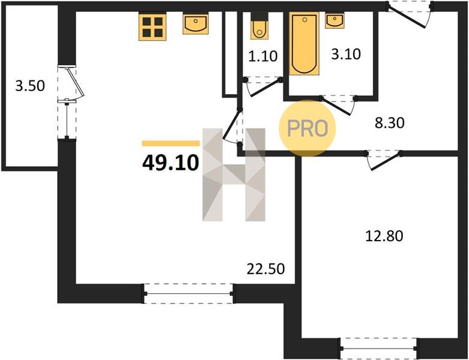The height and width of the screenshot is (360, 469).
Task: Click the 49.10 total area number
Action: [x=171, y=163]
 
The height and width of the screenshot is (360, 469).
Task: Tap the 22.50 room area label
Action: [x=265, y=269]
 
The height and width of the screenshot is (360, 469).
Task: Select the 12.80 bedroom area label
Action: [x=384, y=236]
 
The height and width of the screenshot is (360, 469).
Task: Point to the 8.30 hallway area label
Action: [x=390, y=122]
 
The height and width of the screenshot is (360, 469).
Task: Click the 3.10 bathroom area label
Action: [x=346, y=54]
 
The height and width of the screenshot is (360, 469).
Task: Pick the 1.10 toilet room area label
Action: [x=263, y=56]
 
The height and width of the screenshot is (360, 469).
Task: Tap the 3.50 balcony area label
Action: [x=30, y=86]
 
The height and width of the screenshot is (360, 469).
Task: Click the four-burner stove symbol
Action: [x=153, y=27]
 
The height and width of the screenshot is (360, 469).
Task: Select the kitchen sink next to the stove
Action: [x=196, y=24]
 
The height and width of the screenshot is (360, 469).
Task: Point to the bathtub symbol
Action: [x=304, y=44]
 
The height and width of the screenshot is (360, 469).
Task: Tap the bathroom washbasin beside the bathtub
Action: [x=334, y=21]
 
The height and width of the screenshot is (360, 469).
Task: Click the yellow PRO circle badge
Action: [x=307, y=128]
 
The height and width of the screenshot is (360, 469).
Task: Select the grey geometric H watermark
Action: [x=234, y=175]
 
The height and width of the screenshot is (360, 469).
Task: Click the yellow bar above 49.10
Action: [x=171, y=143]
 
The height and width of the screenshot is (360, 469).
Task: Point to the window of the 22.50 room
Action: [x=189, y=293]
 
